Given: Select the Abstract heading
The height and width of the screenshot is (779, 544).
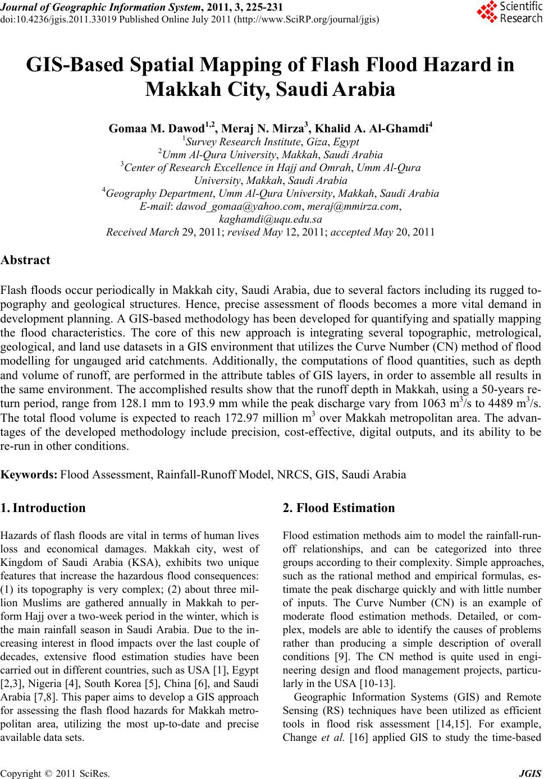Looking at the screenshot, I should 25,260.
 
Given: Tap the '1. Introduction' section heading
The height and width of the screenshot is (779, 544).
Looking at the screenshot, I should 43,508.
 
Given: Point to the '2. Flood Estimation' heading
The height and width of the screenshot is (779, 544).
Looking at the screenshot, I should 339,508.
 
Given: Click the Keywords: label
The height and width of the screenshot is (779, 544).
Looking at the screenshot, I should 29,475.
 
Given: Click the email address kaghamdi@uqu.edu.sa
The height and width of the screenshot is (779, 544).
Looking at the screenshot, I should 270,219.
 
